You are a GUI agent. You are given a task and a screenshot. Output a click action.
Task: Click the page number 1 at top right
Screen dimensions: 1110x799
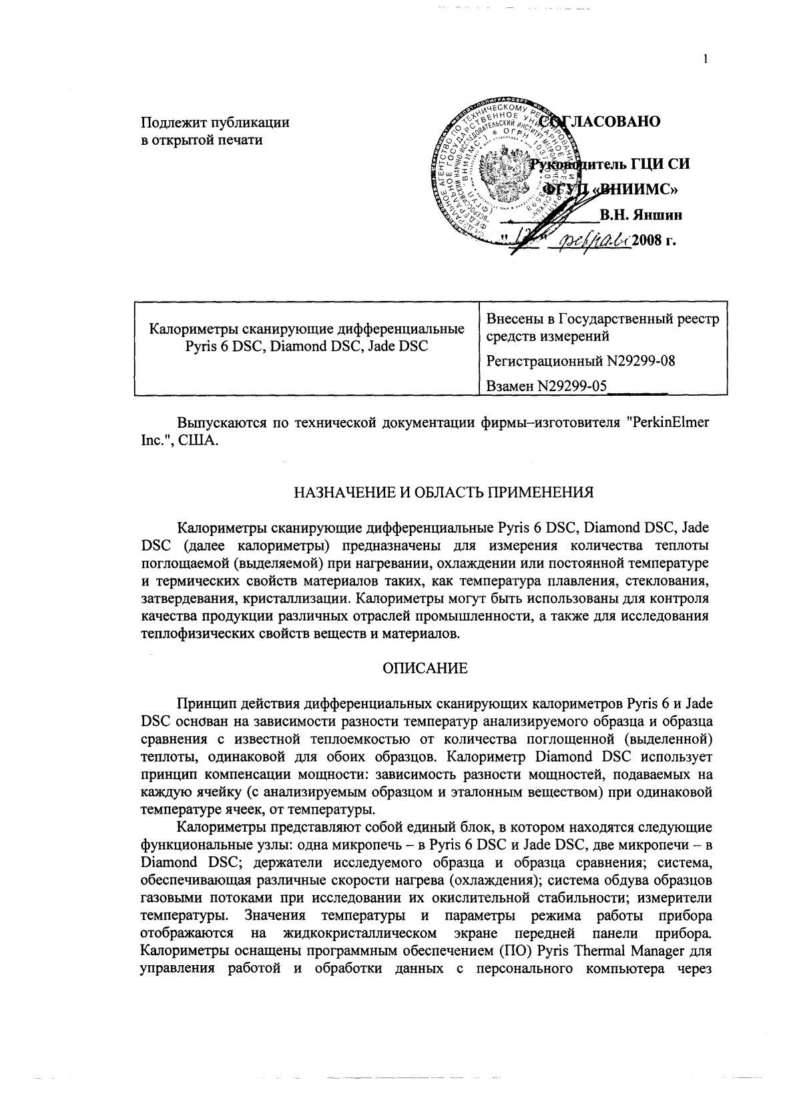point(705,59)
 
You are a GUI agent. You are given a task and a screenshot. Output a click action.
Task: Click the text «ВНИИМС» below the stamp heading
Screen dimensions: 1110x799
point(635,189)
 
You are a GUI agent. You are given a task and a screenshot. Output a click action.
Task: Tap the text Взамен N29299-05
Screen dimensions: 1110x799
point(547,386)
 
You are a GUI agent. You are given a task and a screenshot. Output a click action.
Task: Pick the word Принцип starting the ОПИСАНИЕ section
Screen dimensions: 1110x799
point(203,705)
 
